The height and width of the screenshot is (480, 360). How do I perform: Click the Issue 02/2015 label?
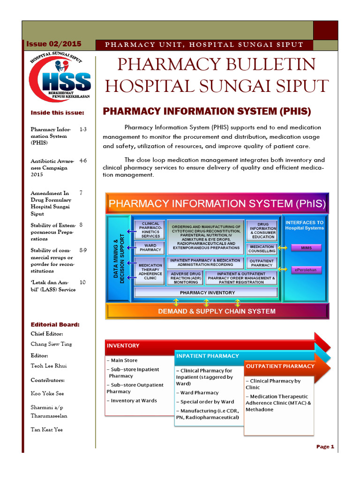[53, 44]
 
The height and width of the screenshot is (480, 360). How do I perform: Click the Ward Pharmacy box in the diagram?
[150, 247]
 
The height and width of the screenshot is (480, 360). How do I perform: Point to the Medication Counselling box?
[262, 248]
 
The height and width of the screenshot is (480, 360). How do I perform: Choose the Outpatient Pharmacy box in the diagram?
[262, 263]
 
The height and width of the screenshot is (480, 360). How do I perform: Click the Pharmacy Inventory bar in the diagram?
[207, 292]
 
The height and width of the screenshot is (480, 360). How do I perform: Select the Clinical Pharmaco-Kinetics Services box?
[150, 230]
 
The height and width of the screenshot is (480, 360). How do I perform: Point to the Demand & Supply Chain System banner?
[217, 311]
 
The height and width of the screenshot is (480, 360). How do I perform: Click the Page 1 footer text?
[325, 447]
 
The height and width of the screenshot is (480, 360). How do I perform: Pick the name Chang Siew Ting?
[51, 344]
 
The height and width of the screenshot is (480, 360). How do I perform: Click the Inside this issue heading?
[57, 112]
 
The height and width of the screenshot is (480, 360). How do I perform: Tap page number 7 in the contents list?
[81, 193]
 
